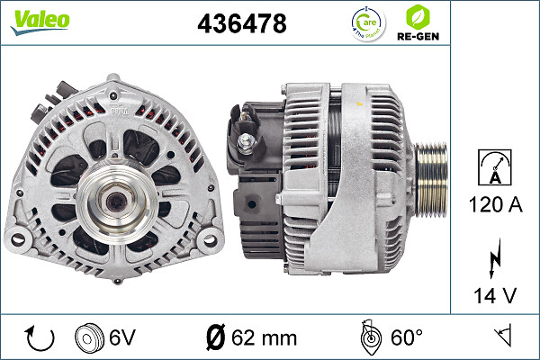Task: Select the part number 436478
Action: (241, 24)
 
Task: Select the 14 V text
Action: (495, 294)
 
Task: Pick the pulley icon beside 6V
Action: (88, 338)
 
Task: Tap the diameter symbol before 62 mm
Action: (214, 338)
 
